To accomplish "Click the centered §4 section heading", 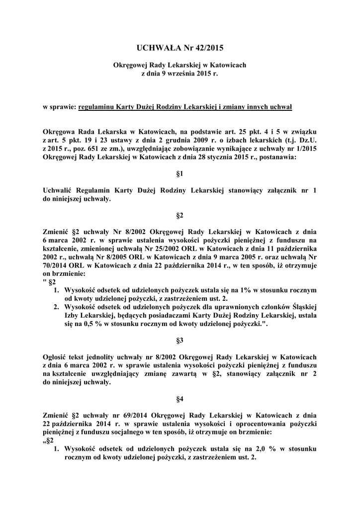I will click(x=180, y=399).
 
